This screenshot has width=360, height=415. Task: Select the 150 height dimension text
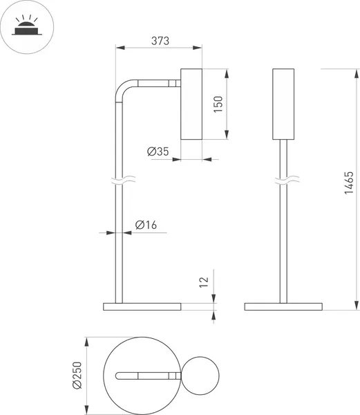[x=218, y=104]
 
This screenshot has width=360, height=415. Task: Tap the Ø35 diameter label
[x=158, y=151]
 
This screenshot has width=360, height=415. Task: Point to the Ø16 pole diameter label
[x=146, y=225]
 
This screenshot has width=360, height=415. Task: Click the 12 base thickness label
[x=203, y=282]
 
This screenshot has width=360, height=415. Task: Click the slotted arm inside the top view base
[x=146, y=376]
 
